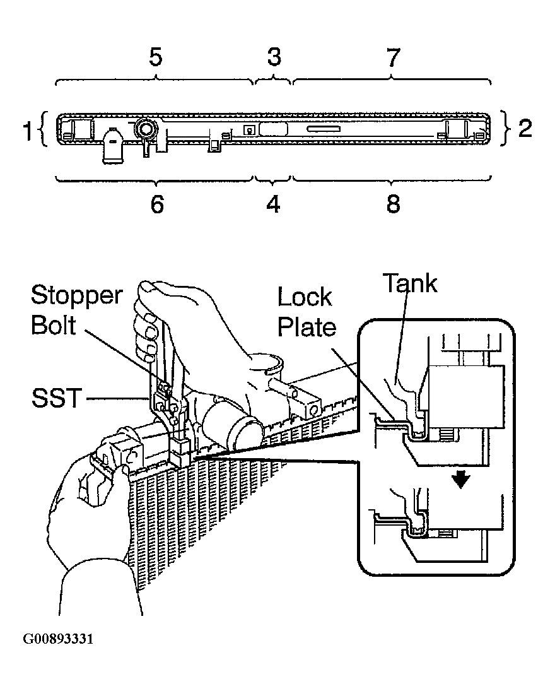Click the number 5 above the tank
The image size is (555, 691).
tap(156, 57)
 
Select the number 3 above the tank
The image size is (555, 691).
tap(274, 57)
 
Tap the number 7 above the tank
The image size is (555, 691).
tap(394, 57)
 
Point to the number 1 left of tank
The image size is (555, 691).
tap(27, 131)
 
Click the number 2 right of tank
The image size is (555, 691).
tap(525, 128)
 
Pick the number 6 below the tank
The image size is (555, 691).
tap(157, 204)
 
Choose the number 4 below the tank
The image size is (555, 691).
tap(273, 204)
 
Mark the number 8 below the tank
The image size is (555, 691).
tap(394, 204)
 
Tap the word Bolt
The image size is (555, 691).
tap(54, 325)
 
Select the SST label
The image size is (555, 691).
tap(56, 398)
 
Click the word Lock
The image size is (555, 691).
tap(305, 297)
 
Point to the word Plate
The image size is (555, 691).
tap(307, 328)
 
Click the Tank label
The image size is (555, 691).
tap(410, 283)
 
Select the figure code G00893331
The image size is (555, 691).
tap(58, 639)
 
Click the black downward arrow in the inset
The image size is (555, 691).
tap(461, 480)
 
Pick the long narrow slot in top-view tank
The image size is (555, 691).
tap(323, 129)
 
